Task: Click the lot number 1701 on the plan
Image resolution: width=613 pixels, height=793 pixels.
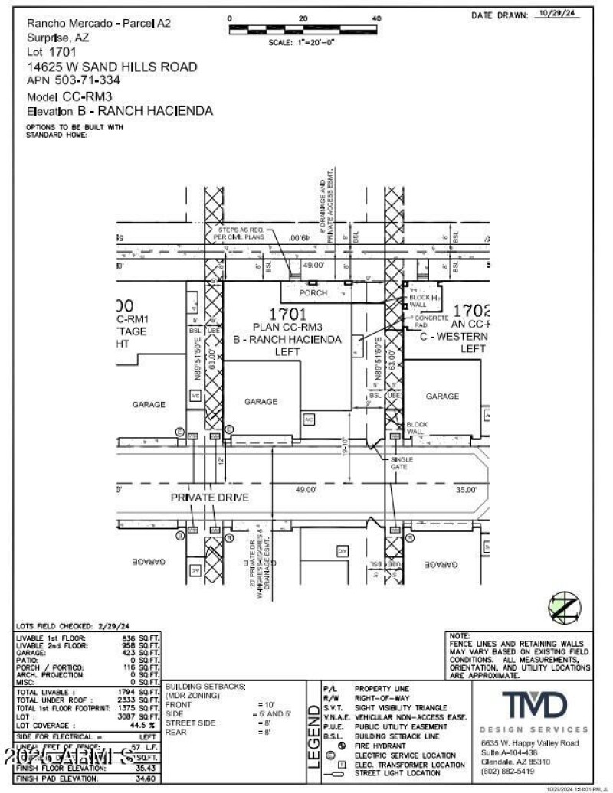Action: coord(287,313)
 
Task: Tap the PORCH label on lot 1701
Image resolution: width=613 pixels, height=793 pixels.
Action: coord(313,292)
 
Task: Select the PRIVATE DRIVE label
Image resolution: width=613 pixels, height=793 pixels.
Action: coord(209,498)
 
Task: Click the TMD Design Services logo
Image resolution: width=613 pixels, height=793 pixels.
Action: coord(534,703)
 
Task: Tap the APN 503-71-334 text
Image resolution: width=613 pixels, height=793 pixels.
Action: coord(73,79)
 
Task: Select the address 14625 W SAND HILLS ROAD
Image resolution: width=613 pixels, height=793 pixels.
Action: coord(112,67)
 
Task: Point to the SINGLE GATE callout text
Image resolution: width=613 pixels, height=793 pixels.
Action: coord(402,463)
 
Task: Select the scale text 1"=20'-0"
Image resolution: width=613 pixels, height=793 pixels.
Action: coord(302,43)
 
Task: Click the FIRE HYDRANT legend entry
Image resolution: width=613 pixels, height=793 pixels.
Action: coord(382,746)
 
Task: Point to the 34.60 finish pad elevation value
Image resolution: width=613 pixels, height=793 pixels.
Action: coord(144,778)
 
